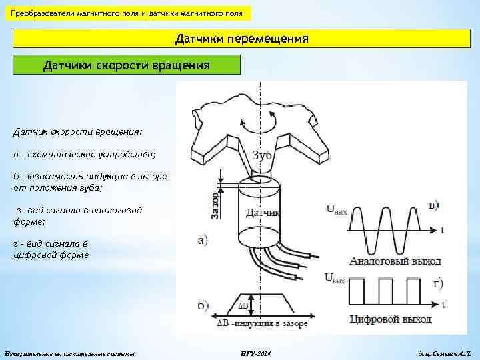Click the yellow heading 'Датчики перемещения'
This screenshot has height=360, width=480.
[x=241, y=39]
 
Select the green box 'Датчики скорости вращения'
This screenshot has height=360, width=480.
[x=126, y=65]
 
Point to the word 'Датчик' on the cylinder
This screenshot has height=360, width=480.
[x=262, y=213]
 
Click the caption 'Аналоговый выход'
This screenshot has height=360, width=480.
[x=390, y=261]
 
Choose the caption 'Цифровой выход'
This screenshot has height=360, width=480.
[x=391, y=319]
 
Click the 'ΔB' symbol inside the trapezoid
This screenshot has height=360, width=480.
[x=243, y=306]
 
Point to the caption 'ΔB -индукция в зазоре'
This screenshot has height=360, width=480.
[x=263, y=323]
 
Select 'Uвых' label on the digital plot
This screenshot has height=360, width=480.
[x=335, y=277]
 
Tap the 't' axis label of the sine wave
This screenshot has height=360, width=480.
[x=442, y=231]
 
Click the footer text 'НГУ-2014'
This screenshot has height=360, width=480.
[x=255, y=351]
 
